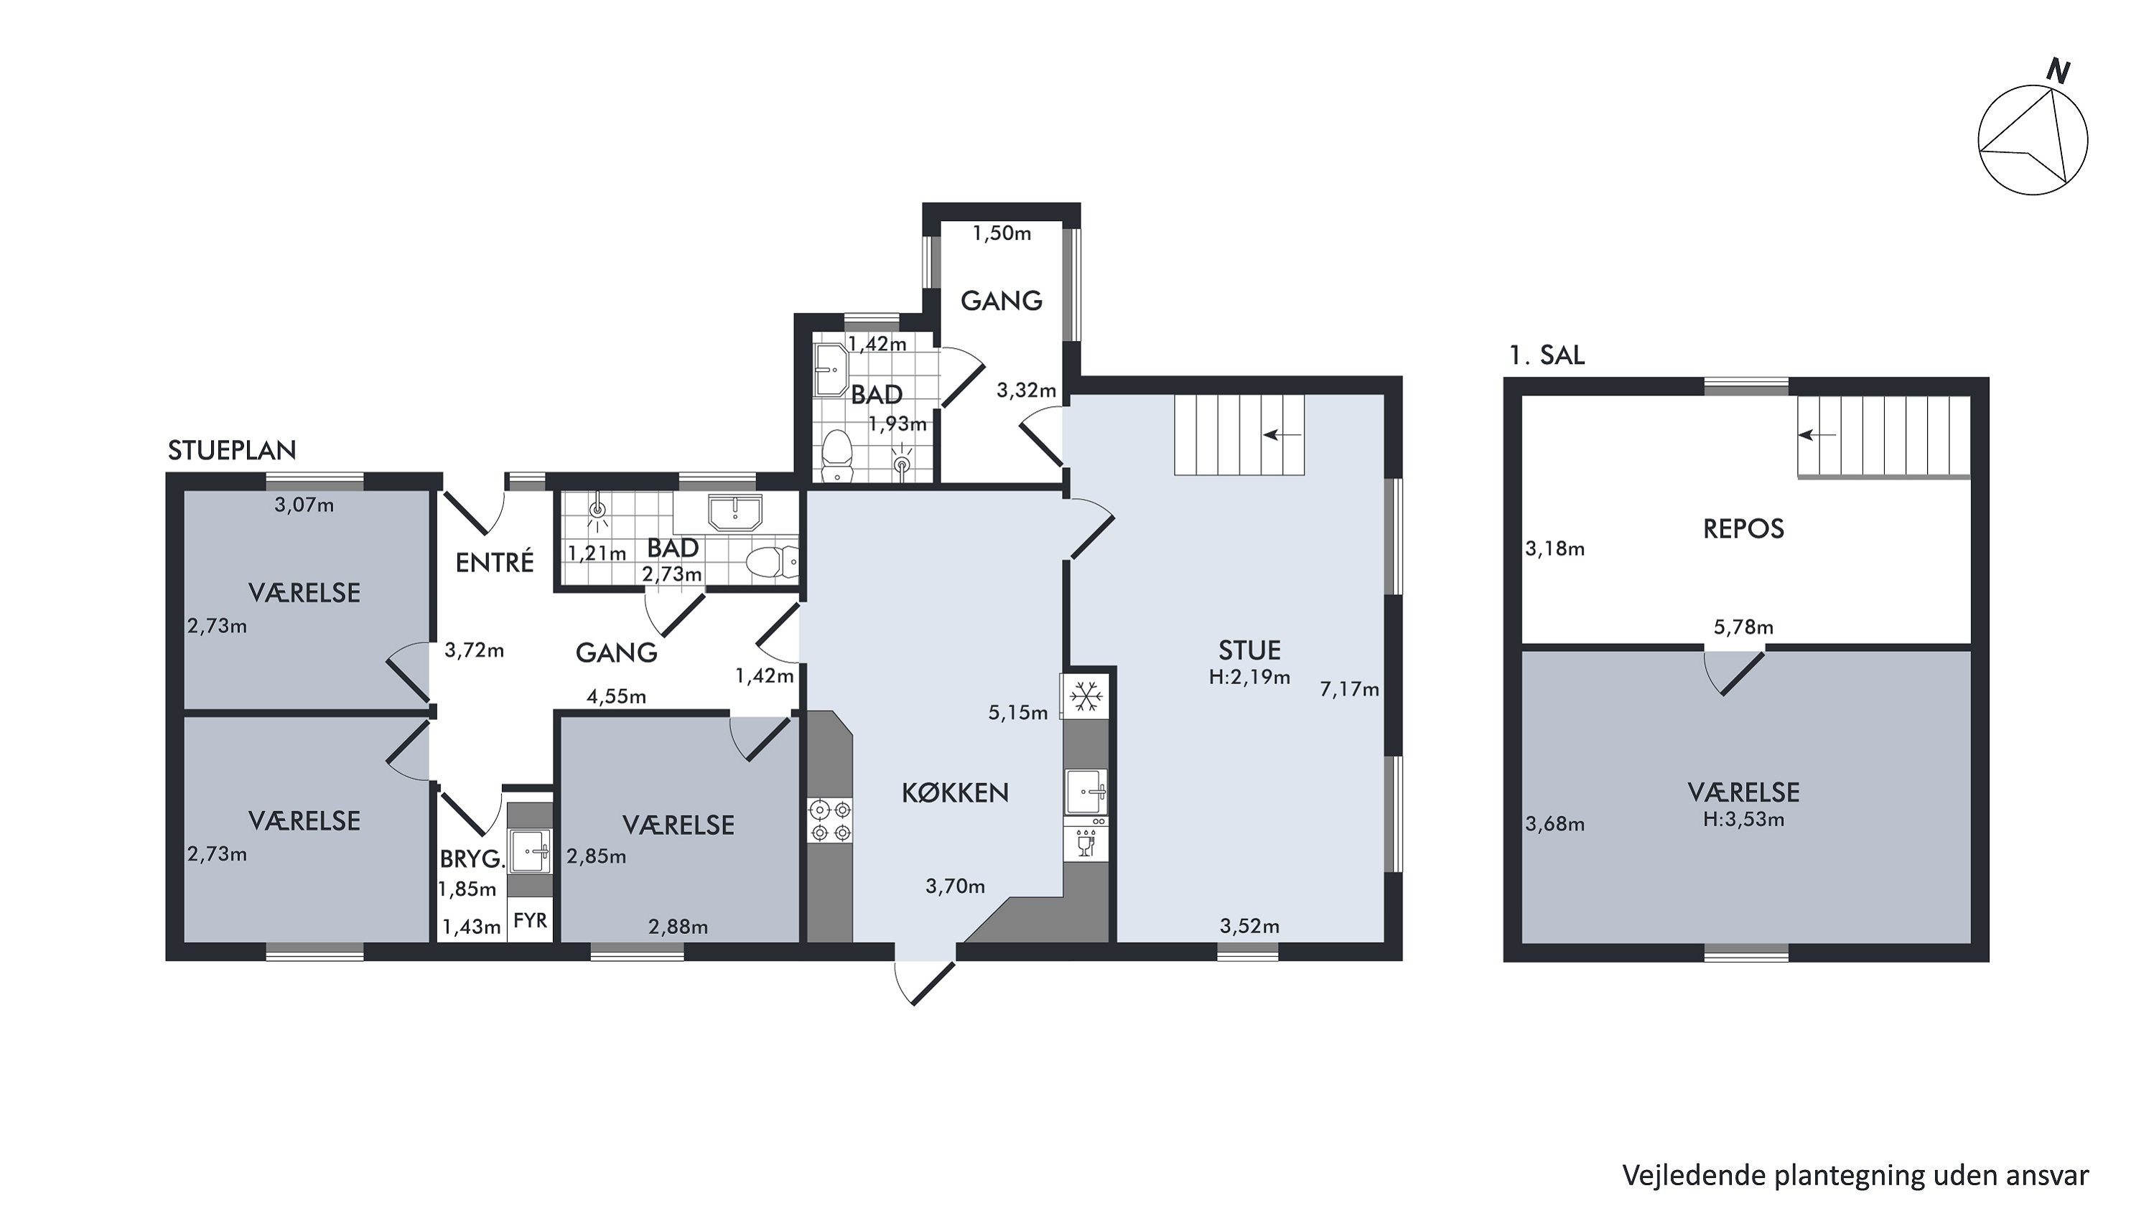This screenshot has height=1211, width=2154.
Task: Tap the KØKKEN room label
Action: tap(955, 792)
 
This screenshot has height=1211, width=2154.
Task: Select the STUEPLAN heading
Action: tap(232, 451)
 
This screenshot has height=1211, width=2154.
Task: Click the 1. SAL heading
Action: tap(1546, 355)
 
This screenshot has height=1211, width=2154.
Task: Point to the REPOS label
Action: tap(1743, 528)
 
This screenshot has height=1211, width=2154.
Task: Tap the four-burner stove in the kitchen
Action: tap(829, 820)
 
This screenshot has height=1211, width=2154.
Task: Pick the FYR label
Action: tap(530, 920)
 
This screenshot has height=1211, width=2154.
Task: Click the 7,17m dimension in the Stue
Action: tap(1348, 690)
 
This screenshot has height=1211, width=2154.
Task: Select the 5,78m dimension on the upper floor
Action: tap(1743, 627)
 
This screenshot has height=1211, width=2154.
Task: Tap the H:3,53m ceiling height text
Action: tap(1743, 819)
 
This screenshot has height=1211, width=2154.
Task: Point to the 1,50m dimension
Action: tap(1001, 233)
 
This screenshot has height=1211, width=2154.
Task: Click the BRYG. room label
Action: tap(472, 859)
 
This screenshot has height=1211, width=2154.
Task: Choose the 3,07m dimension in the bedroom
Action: tap(304, 505)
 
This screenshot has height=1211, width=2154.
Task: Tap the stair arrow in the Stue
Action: tap(1282, 434)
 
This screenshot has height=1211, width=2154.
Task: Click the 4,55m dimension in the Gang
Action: tap(616, 696)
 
